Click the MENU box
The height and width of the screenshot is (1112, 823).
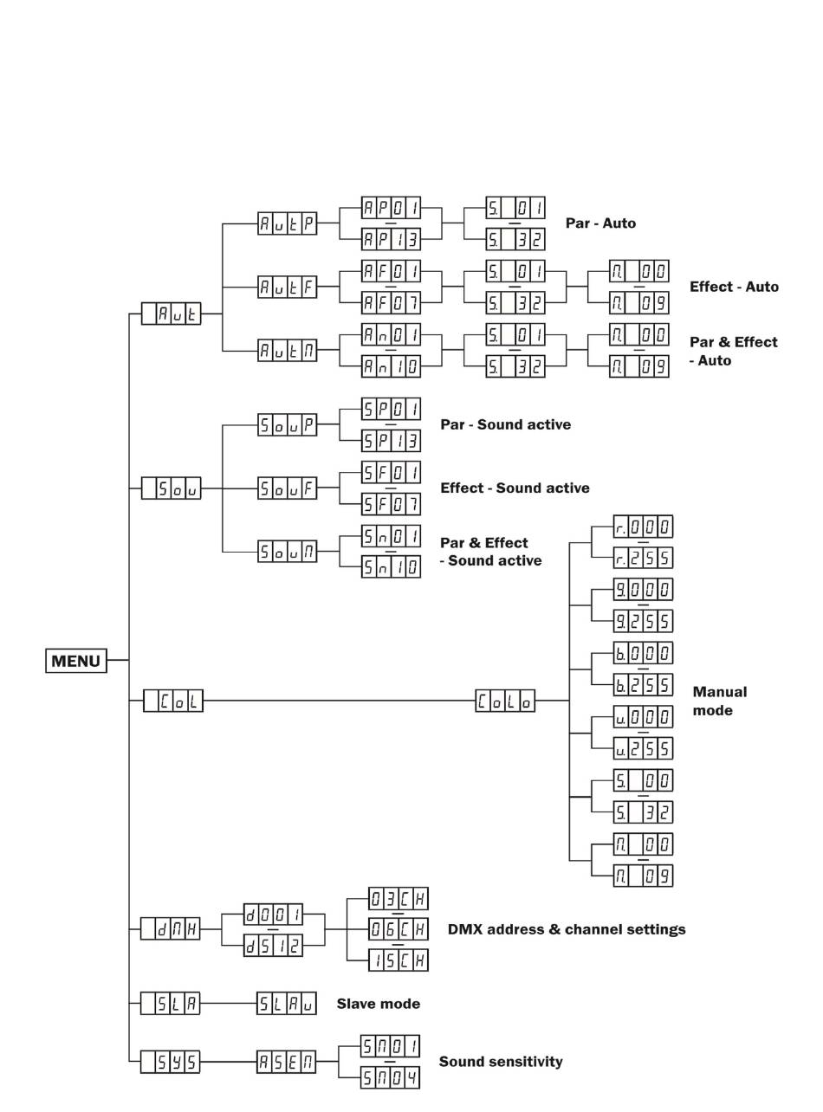76,661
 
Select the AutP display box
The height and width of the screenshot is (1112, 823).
287,223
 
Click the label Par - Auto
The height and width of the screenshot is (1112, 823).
600,223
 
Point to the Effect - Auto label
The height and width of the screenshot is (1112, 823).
734,287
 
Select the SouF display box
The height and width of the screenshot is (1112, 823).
287,488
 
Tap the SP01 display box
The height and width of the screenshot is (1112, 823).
391,409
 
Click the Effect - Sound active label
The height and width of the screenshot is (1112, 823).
515,488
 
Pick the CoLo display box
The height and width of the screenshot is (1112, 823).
505,700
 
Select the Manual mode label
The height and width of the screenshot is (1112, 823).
719,701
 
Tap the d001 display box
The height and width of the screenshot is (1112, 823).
273,913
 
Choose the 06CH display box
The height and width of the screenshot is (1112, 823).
399,928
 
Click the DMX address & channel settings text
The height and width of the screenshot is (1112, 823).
567,929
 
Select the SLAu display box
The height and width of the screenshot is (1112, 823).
287,1004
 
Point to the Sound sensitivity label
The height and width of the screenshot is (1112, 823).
501,1061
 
